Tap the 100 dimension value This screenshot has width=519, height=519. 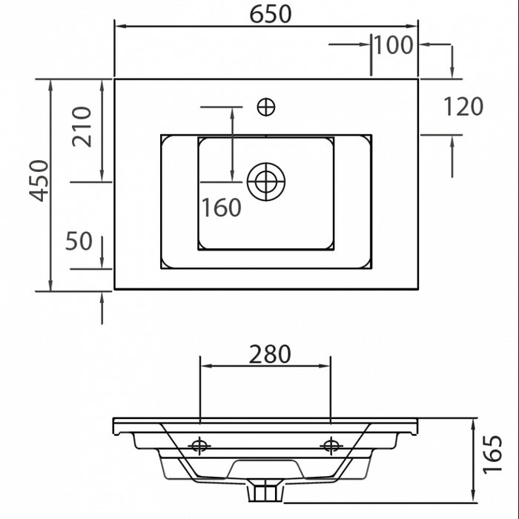(392, 45)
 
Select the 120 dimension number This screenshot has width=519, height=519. (463, 107)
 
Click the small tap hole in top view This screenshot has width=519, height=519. (266, 108)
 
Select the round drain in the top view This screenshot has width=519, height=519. (266, 181)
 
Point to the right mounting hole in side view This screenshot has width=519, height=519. (330, 446)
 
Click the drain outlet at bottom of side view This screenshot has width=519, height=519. (265, 491)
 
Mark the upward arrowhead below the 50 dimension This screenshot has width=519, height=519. (102, 297)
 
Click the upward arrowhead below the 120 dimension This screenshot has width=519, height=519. (452, 142)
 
